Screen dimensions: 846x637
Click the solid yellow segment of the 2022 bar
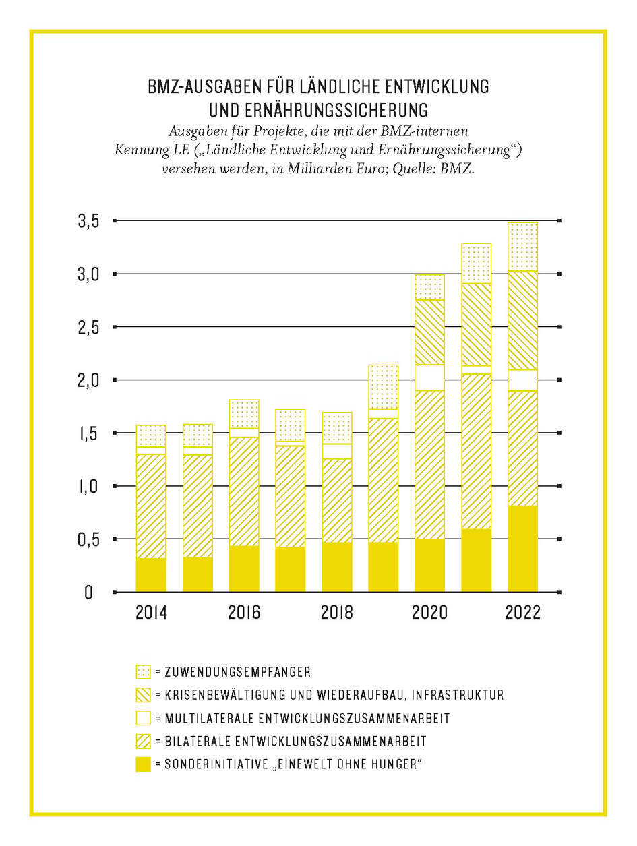(522, 548)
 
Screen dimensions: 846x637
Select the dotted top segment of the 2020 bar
(429, 287)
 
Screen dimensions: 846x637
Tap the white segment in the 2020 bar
(429, 377)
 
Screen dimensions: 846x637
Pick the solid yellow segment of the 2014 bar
(151, 575)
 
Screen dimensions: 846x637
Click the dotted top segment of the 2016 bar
(244, 414)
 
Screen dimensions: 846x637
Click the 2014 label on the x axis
(151, 613)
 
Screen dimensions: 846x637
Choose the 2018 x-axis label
(337, 613)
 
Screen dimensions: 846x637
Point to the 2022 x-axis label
(522, 613)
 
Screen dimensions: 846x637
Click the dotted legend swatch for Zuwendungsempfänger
(143, 672)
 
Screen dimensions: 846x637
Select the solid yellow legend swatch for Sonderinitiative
(143, 764)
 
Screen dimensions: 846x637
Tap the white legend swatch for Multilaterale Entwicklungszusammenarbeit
(143, 718)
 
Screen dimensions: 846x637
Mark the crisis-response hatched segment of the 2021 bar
(476, 324)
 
